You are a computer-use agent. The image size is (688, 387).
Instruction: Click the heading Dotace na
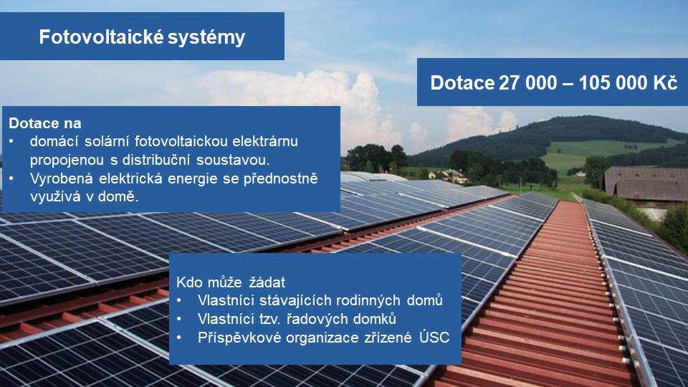tap(44, 123)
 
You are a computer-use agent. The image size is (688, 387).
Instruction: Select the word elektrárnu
tap(265, 141)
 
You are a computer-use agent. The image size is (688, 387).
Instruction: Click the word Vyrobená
tap(62, 178)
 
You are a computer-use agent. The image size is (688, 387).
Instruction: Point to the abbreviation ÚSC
tap(434, 337)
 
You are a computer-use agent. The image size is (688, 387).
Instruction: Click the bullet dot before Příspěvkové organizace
tap(179, 338)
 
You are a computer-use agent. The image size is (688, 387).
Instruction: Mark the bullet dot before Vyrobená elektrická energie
tap(11, 178)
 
